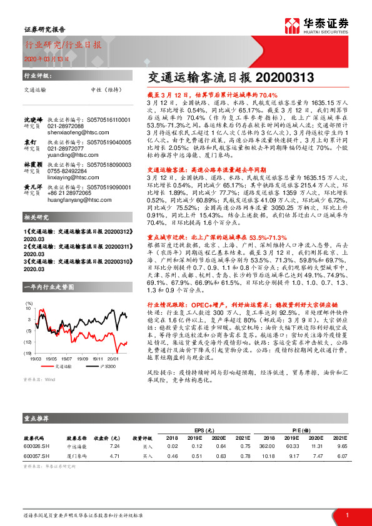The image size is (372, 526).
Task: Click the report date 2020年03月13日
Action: (x=43, y=59)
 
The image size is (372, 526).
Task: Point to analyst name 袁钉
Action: (x=31, y=142)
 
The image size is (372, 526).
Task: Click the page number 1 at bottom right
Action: (x=347, y=514)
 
